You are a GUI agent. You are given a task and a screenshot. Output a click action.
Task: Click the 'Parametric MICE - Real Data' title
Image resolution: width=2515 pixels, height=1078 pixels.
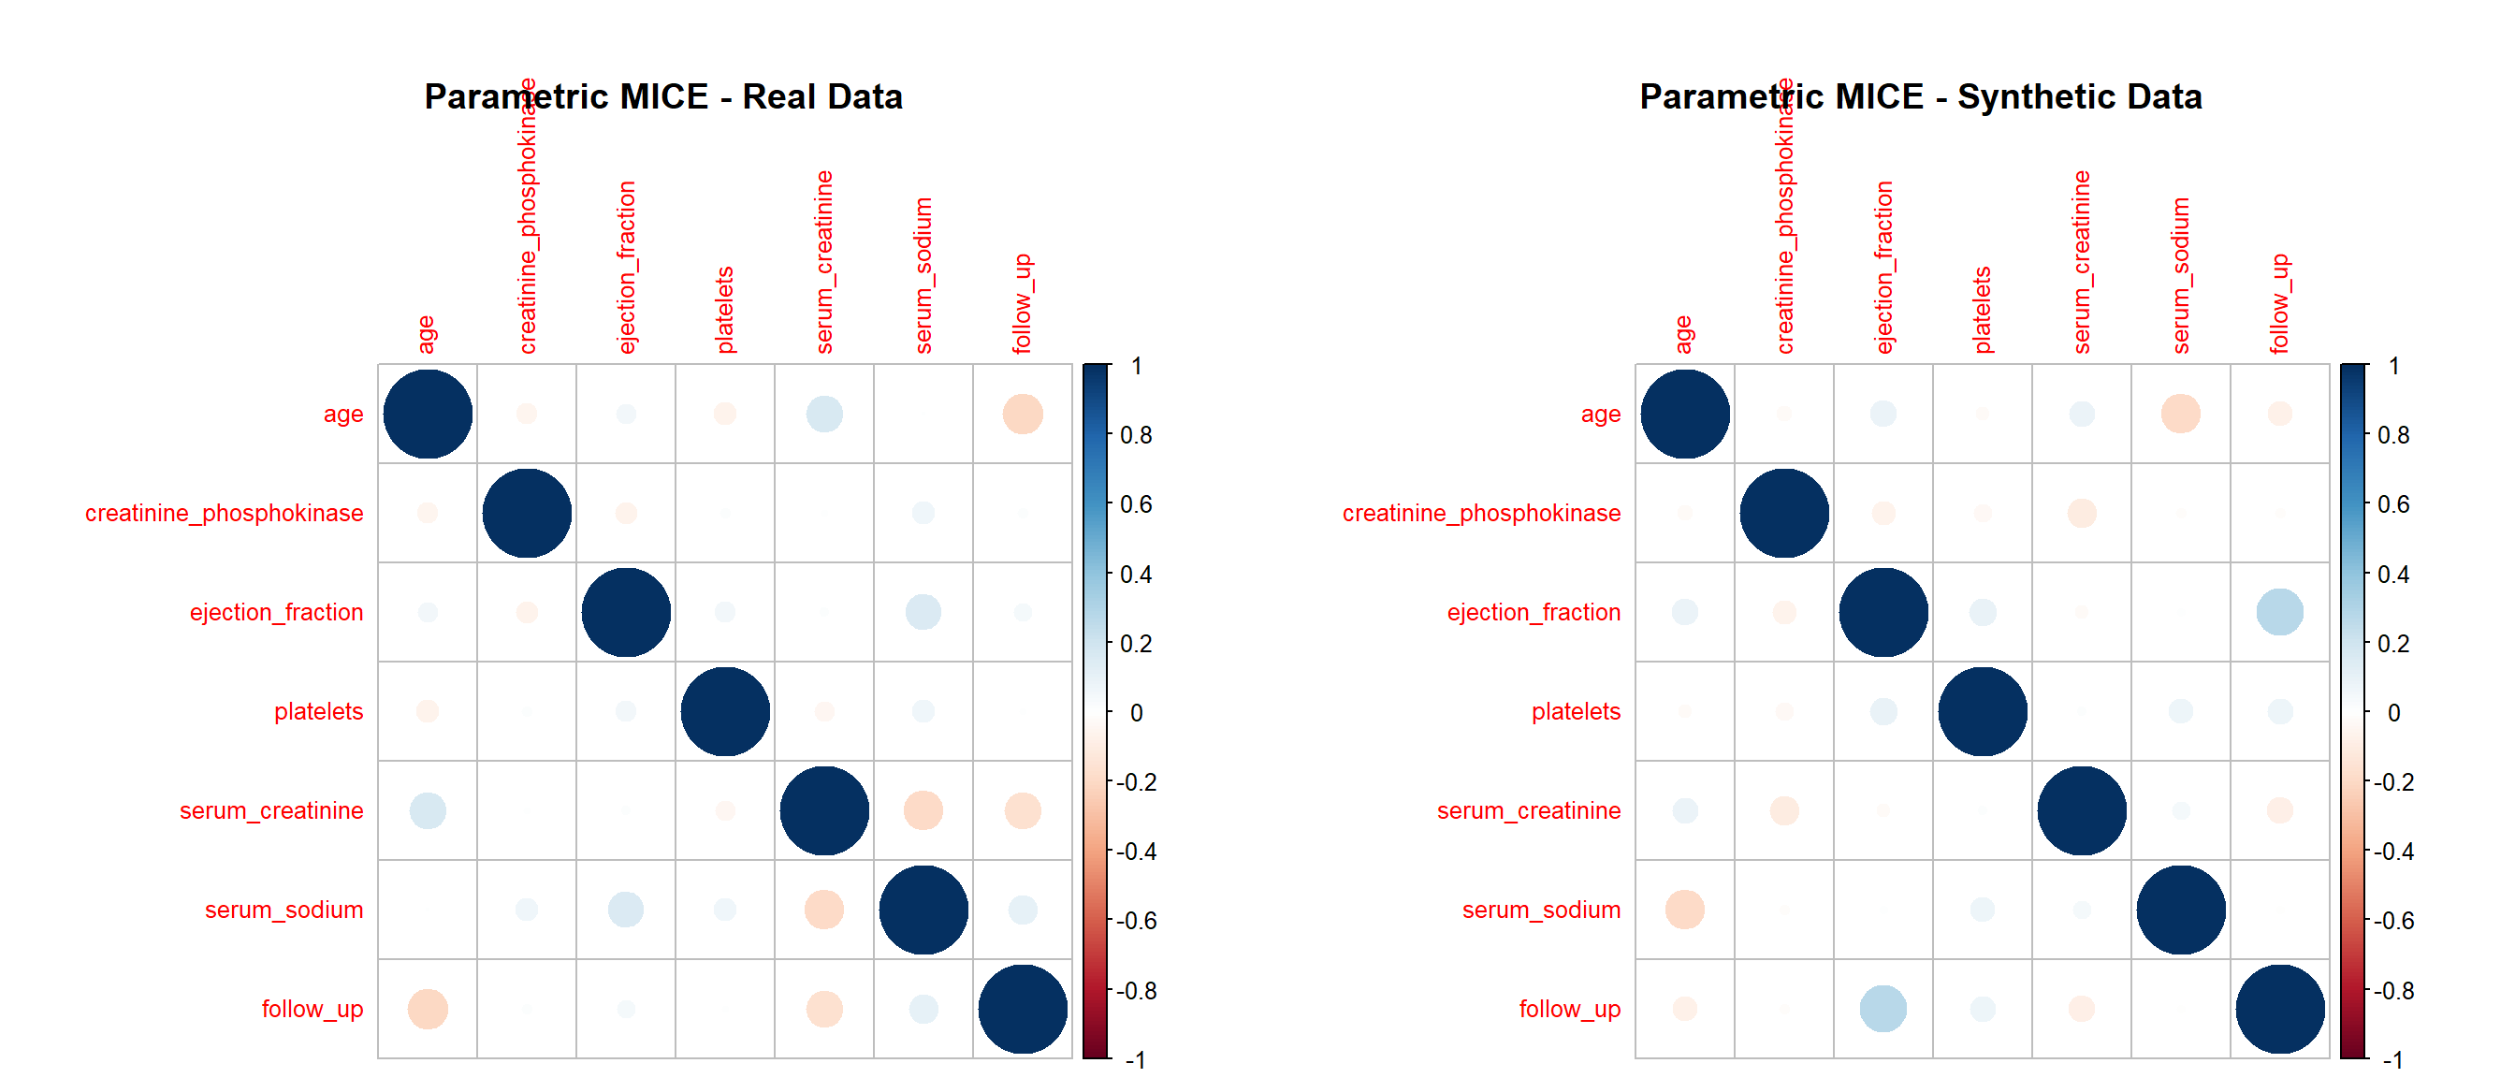click(663, 96)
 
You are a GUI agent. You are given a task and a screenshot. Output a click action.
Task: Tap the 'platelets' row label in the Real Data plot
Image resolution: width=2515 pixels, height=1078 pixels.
click(318, 711)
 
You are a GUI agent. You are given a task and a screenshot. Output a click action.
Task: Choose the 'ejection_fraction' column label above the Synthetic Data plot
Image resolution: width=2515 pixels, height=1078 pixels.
click(1883, 267)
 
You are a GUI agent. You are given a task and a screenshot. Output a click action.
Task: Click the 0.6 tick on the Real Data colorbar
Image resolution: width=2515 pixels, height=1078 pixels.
click(1136, 503)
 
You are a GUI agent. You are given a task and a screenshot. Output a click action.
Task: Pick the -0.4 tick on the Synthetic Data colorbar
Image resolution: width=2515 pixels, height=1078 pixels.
click(2392, 852)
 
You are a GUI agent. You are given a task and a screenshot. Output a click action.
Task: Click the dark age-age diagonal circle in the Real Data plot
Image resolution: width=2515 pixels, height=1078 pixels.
click(428, 414)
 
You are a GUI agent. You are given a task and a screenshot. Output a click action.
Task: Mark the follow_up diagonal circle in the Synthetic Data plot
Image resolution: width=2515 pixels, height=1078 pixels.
click(2280, 1009)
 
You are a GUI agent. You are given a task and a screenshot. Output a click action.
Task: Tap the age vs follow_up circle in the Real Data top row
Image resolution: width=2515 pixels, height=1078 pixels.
click(1023, 414)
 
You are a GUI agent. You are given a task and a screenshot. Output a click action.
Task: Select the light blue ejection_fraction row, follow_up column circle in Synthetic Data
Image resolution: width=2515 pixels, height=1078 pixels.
click(2280, 612)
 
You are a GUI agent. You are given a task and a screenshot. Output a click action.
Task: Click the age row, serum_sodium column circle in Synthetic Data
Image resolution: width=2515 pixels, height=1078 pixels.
click(2180, 414)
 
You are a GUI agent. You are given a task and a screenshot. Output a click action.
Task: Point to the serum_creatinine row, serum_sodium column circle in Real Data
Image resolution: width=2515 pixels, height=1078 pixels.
click(923, 810)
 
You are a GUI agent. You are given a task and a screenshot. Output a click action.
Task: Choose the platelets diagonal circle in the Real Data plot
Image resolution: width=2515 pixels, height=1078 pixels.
click(724, 711)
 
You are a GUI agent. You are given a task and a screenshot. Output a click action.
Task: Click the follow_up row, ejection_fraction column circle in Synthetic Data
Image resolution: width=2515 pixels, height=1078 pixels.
click(1883, 1009)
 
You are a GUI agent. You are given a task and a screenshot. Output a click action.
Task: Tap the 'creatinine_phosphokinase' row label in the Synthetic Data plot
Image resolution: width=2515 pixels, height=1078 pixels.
click(1481, 513)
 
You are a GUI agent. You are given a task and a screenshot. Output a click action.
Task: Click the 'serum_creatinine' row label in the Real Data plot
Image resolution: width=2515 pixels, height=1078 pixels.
click(271, 810)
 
